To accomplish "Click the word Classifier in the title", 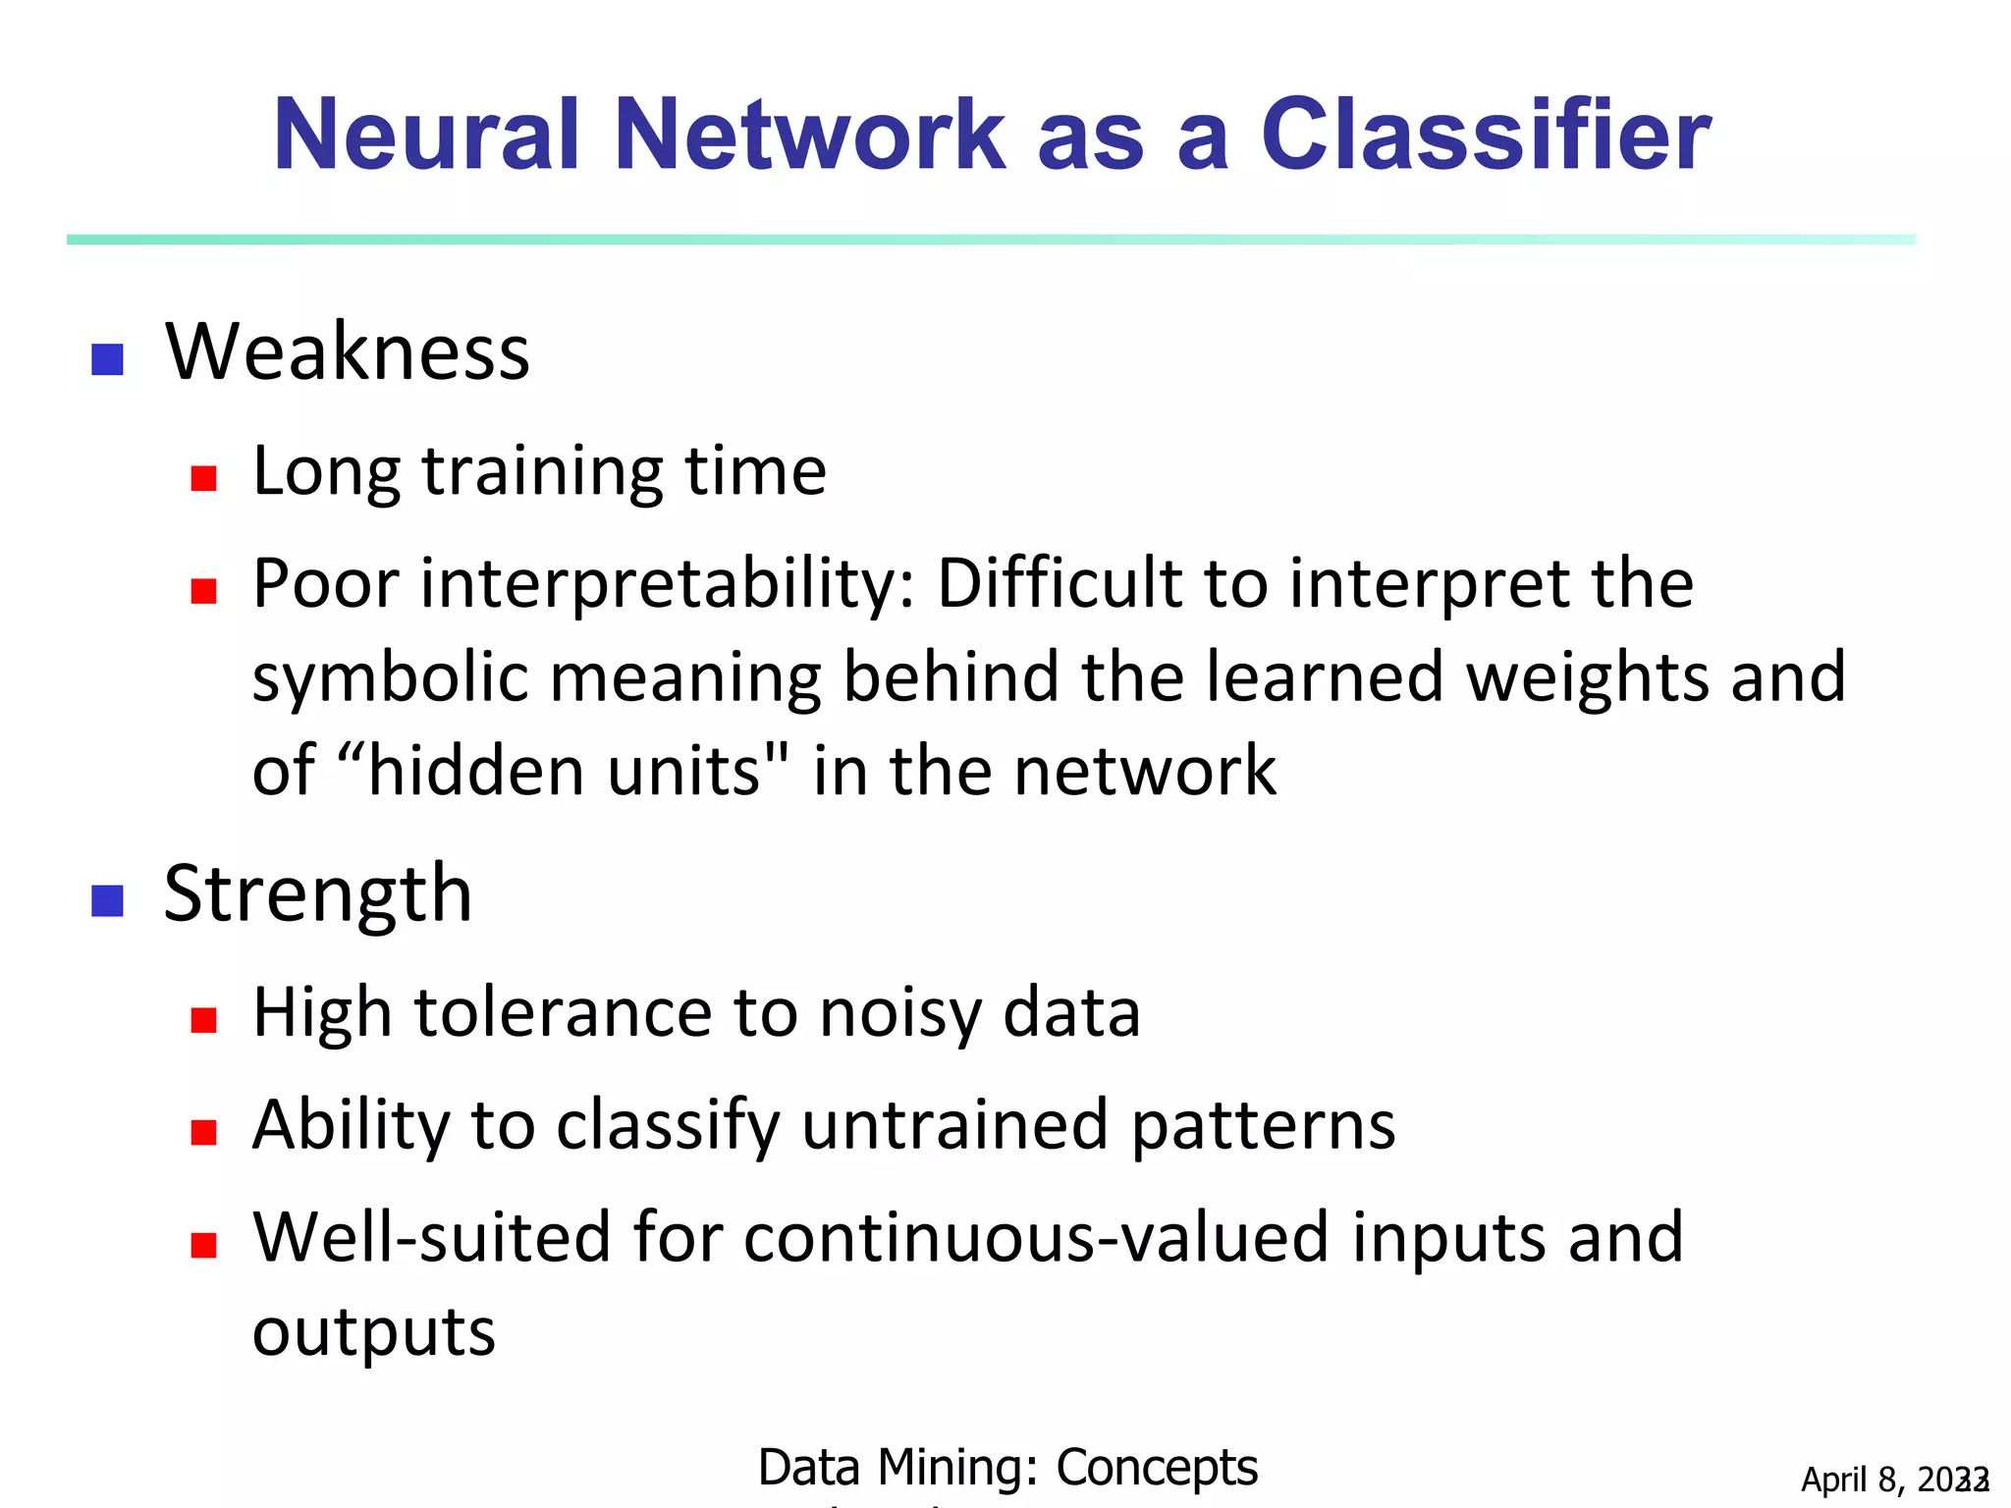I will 1485,135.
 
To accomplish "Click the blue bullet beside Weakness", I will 107,359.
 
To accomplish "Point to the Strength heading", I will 318,894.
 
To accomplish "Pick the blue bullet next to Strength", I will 107,900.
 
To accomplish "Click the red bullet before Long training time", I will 203,478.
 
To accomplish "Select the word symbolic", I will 390,678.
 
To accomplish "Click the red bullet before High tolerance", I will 203,1020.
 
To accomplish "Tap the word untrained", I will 955,1125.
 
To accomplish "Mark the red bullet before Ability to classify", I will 203,1133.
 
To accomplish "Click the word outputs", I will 374,1332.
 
